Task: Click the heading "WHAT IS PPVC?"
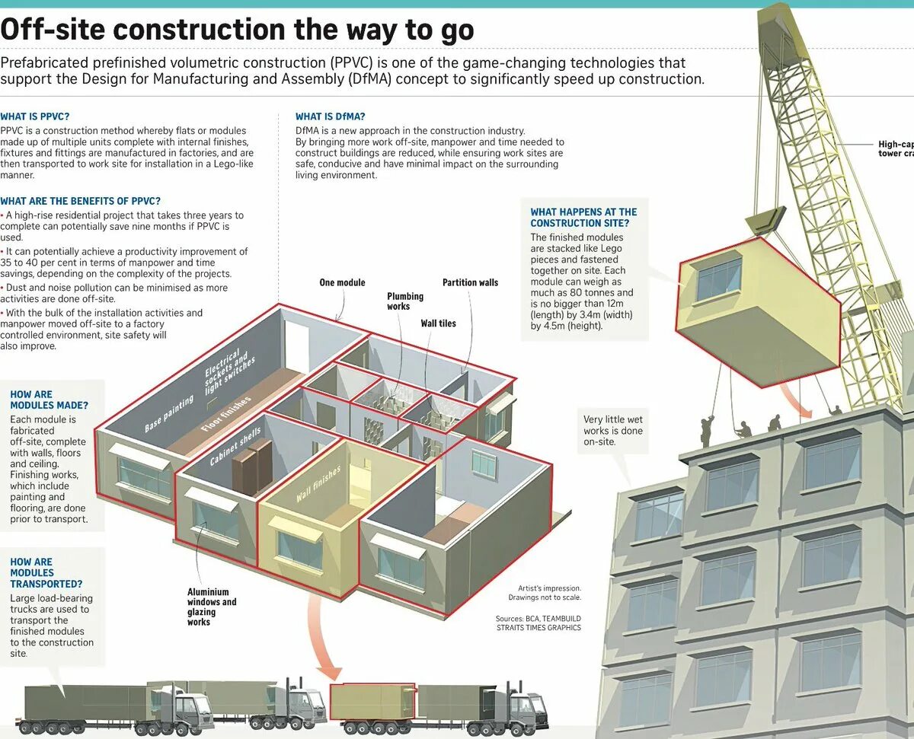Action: [x=35, y=116]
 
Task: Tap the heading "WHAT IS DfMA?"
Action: [x=330, y=116]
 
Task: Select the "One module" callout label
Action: [x=342, y=283]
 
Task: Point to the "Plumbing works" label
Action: [x=404, y=301]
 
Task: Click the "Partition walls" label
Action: [x=470, y=283]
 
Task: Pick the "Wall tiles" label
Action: [x=438, y=323]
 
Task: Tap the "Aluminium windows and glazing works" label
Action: [x=212, y=607]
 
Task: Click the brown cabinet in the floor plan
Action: [x=252, y=466]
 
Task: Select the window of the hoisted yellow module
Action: [x=719, y=279]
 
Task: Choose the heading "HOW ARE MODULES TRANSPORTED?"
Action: [x=46, y=573]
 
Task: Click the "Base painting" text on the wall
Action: [x=170, y=414]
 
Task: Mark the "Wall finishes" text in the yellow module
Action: [x=318, y=485]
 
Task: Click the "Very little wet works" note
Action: [x=612, y=430]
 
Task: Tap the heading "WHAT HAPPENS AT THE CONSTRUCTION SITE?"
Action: [x=583, y=217]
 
